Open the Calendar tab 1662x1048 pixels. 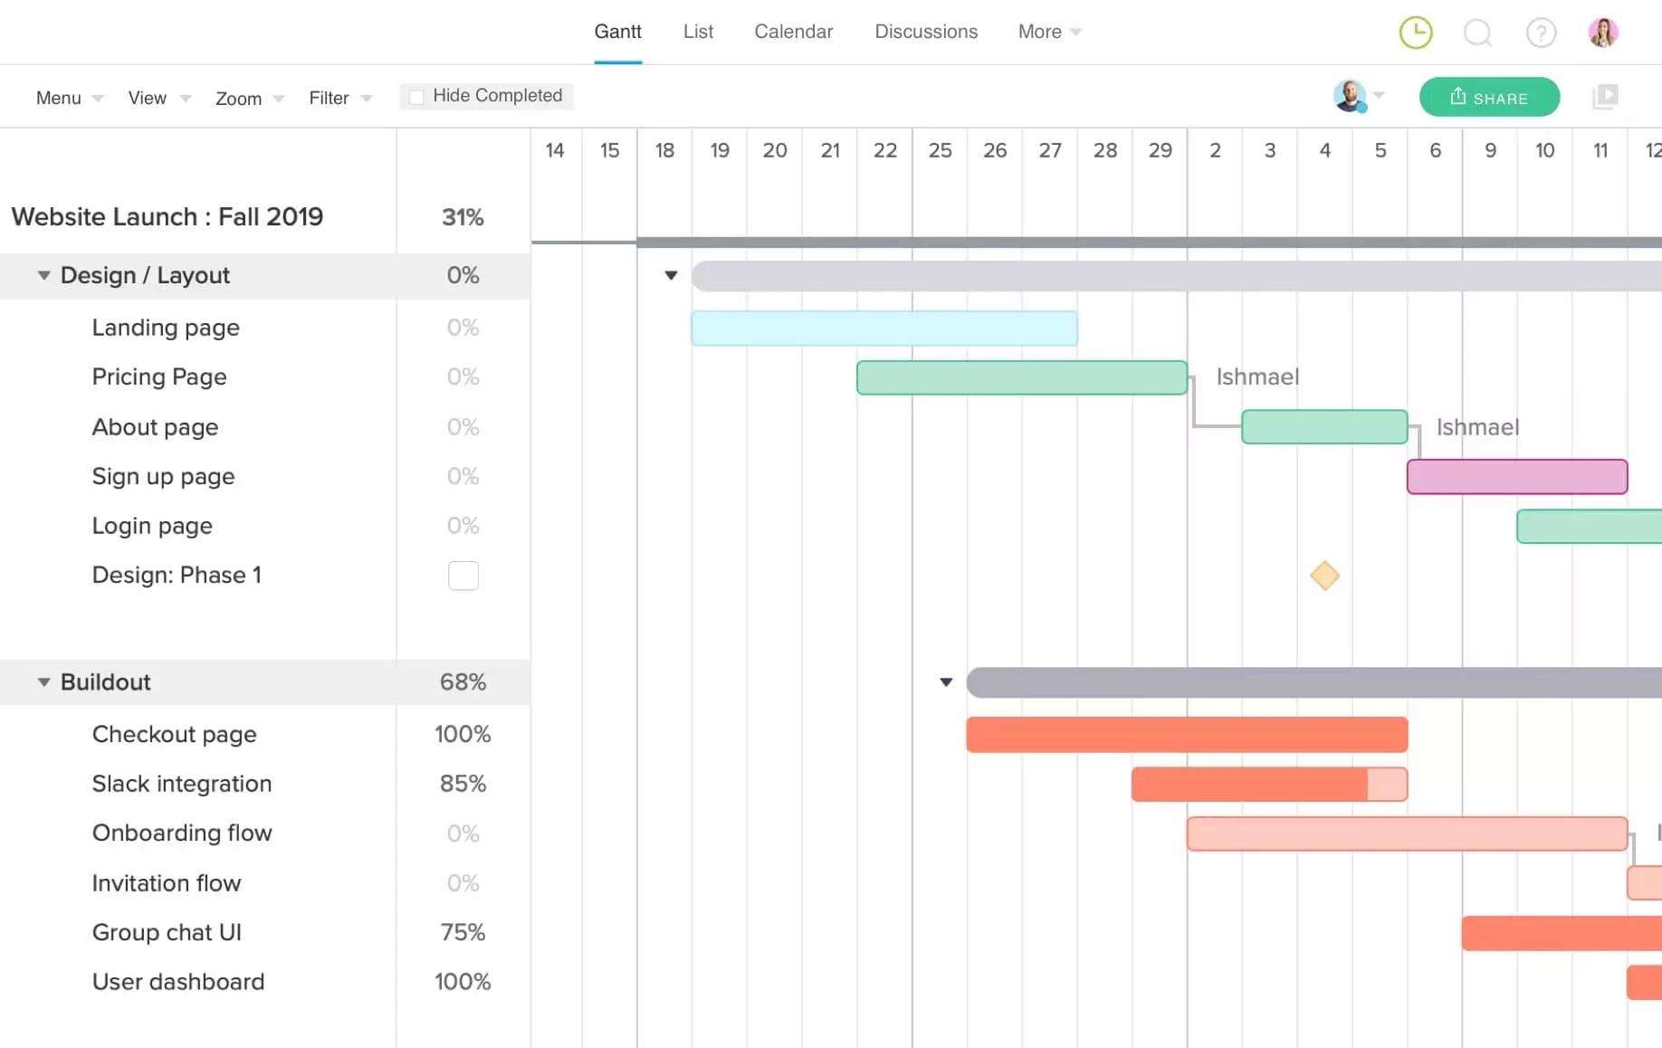click(x=793, y=32)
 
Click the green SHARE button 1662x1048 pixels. click(x=1489, y=97)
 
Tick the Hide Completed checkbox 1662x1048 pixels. click(x=416, y=97)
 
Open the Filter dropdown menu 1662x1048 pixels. click(x=339, y=98)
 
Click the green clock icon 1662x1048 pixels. click(x=1415, y=33)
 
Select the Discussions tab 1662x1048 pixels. click(x=925, y=32)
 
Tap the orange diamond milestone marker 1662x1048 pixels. click(x=1324, y=576)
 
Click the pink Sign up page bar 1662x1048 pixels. click(x=1516, y=477)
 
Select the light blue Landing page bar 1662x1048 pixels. click(x=884, y=329)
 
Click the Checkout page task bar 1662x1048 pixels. click(x=1186, y=735)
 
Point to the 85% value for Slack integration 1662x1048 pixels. click(x=463, y=784)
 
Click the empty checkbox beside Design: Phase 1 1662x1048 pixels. click(x=463, y=576)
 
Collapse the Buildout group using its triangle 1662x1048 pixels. click(x=43, y=682)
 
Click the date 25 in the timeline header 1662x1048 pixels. click(x=940, y=150)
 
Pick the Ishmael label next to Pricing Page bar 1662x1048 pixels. click(x=1256, y=377)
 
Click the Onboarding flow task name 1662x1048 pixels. click(x=182, y=833)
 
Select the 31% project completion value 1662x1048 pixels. click(x=463, y=217)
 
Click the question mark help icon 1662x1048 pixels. click(x=1541, y=33)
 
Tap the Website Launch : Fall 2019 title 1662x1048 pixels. click(x=167, y=217)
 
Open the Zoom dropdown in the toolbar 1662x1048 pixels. click(x=249, y=98)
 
